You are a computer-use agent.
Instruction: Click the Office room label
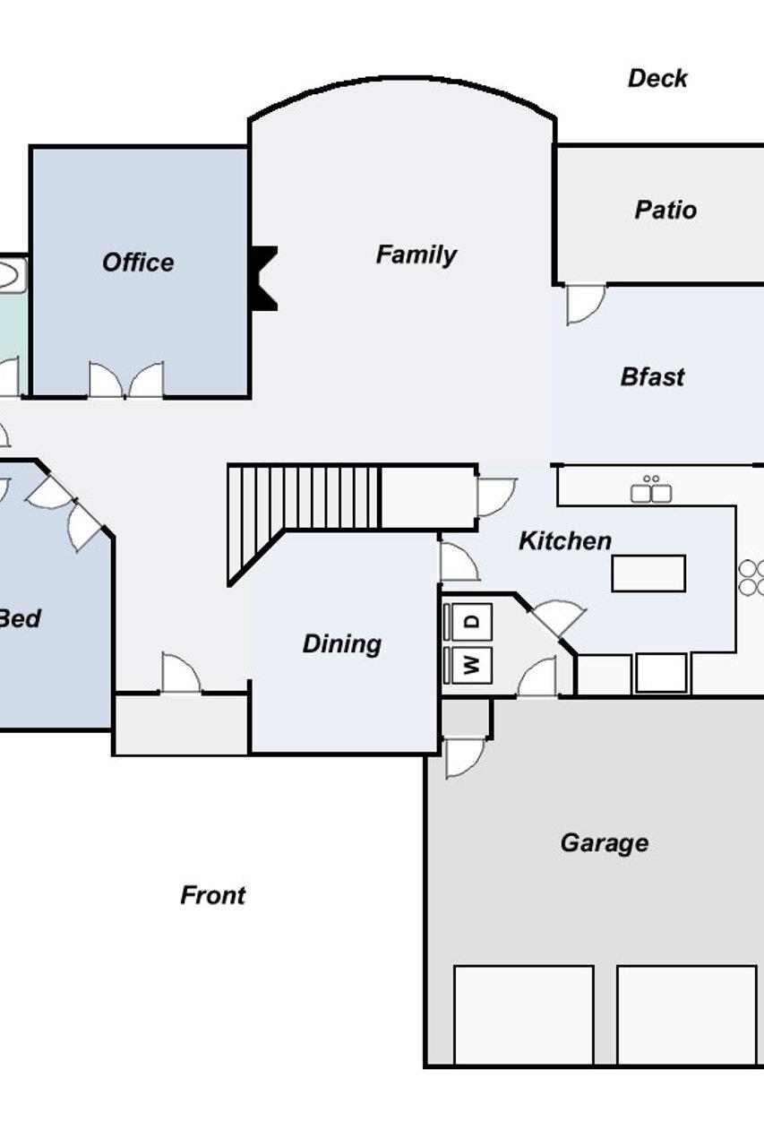[x=138, y=263]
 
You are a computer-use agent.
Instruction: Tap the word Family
[x=416, y=255]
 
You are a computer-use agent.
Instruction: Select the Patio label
[x=665, y=210]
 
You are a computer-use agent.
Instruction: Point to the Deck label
[x=657, y=78]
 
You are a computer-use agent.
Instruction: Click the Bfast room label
[x=652, y=377]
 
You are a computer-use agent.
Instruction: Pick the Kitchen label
[x=565, y=540]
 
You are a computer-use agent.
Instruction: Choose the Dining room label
[x=342, y=644]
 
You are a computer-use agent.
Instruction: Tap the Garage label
[x=605, y=843]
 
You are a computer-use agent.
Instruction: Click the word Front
[x=213, y=895]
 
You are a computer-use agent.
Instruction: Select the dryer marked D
[x=472, y=622]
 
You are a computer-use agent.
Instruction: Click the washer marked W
[x=472, y=665]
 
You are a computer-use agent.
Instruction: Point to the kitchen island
[x=648, y=573]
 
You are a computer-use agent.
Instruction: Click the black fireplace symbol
[x=263, y=278]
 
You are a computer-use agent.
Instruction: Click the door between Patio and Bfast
[x=586, y=305]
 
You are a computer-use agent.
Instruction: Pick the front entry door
[x=181, y=673]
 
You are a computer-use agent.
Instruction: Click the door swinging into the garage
[x=465, y=758]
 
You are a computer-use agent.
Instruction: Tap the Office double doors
[x=126, y=380]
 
